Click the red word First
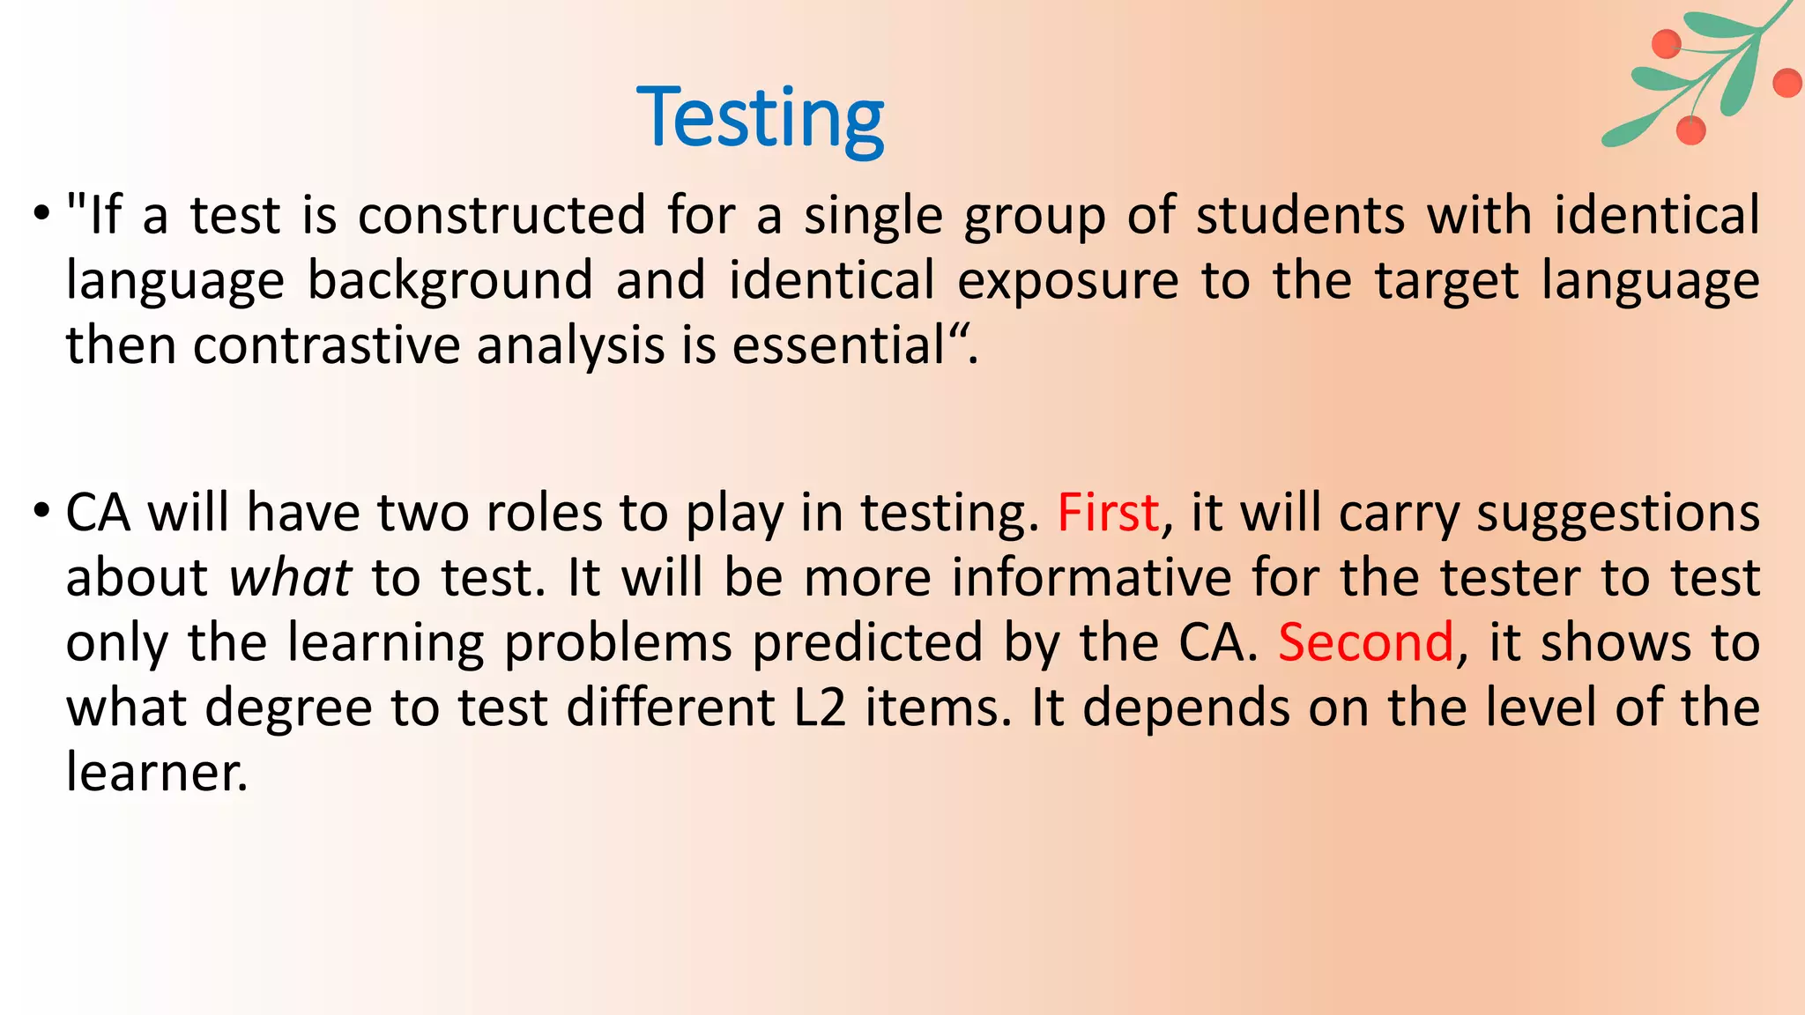click(x=1108, y=513)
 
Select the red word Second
click(x=1365, y=642)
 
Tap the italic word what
click(x=290, y=578)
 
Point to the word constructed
click(x=501, y=216)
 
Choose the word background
click(x=449, y=280)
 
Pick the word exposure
click(x=1067, y=280)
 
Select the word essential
click(x=838, y=345)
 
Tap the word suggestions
click(x=1618, y=513)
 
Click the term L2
click(x=820, y=708)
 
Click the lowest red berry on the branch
click(x=1690, y=130)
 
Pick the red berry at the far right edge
click(x=1787, y=84)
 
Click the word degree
click(x=288, y=708)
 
